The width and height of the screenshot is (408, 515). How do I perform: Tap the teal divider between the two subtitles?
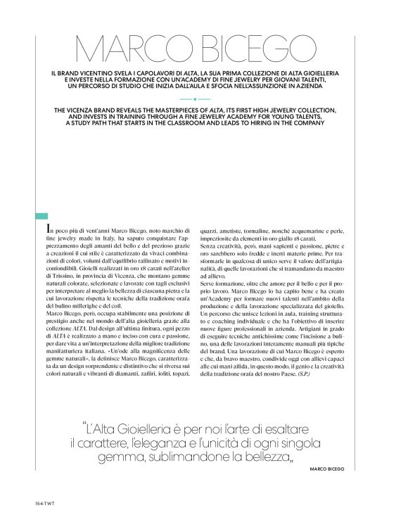pyautogui.click(x=203, y=99)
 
